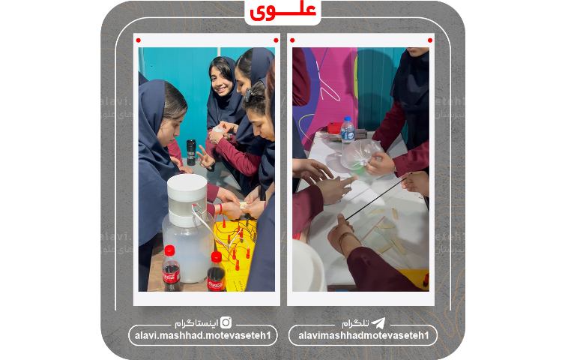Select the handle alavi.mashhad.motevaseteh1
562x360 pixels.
202,335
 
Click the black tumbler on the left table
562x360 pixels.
191,151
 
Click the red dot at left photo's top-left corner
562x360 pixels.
139,40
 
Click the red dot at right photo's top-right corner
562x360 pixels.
430,40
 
